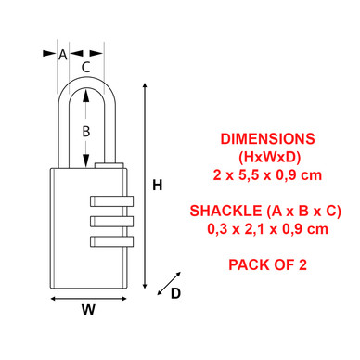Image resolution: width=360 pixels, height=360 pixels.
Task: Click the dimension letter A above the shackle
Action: click(63, 55)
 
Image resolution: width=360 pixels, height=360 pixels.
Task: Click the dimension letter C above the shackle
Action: click(85, 67)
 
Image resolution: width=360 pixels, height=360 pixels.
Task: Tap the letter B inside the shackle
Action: click(86, 132)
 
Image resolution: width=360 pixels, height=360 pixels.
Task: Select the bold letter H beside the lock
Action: click(158, 186)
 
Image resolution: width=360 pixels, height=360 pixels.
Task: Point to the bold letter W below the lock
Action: click(88, 309)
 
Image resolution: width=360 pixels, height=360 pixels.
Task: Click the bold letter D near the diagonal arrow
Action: click(175, 293)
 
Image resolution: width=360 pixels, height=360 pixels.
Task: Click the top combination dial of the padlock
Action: click(111, 201)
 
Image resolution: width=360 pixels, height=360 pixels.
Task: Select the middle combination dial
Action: click(111, 221)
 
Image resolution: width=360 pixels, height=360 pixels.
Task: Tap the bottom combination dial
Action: click(111, 241)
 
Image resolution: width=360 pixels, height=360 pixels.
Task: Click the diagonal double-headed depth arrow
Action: click(169, 283)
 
